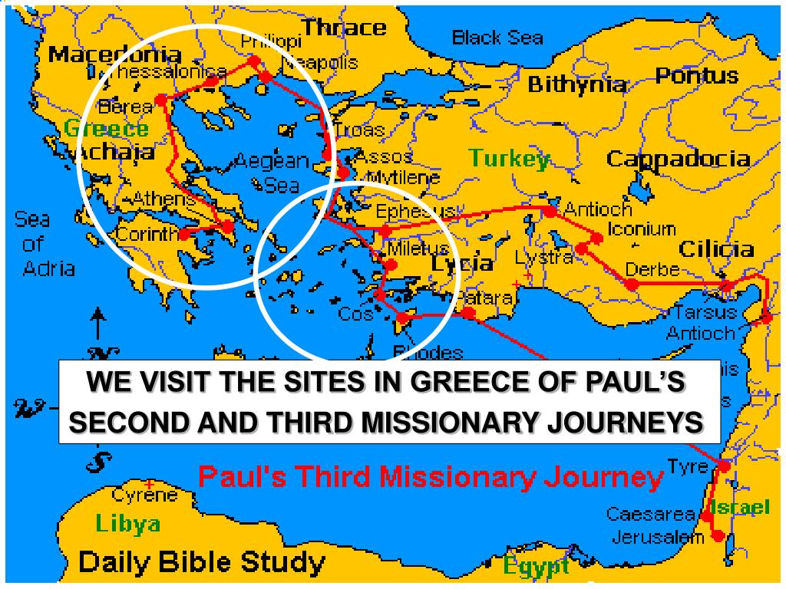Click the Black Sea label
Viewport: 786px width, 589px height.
[x=497, y=37]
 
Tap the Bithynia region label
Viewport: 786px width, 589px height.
[x=577, y=84]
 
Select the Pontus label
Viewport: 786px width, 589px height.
[x=696, y=76]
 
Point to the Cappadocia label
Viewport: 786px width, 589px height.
[x=678, y=159]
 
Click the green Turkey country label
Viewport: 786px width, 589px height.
[x=509, y=159]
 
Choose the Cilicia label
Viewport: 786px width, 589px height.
[x=715, y=248]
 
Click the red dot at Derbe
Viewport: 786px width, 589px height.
[x=631, y=285]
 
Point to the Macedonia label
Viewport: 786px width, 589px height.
[x=114, y=54]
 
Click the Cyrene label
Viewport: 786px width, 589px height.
[x=145, y=495]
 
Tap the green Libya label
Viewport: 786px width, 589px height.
[x=128, y=524]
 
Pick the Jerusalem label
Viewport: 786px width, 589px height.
[x=658, y=537]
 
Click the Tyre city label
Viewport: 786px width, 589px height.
[x=682, y=466]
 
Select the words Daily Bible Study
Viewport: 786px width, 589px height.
[x=202, y=563]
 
